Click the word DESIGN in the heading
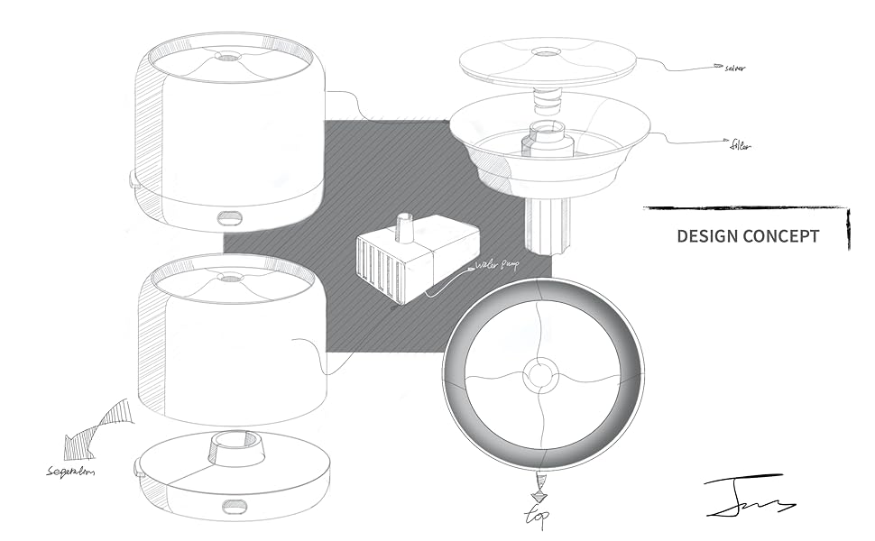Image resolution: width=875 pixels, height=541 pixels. (707, 236)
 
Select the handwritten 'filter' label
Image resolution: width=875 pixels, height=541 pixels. (740, 144)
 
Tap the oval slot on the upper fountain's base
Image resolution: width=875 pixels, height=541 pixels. (229, 217)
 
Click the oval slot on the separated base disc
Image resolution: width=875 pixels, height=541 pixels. (235, 507)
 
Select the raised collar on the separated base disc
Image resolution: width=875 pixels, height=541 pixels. (236, 448)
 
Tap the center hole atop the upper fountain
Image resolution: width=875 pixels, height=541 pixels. (229, 57)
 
